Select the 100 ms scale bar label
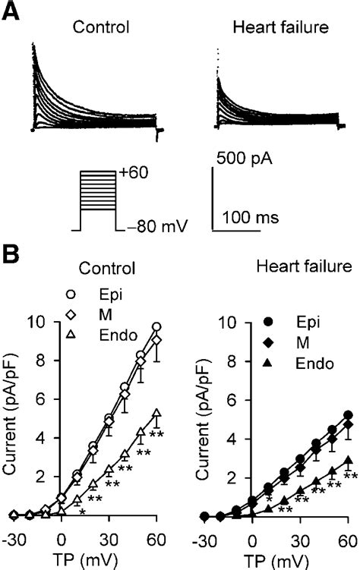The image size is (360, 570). click(x=250, y=218)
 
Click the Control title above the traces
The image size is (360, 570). click(x=99, y=27)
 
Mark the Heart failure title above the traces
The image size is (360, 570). click(x=270, y=27)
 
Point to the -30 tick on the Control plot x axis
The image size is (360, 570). click(x=14, y=538)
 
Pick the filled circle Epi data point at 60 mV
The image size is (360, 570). click(x=348, y=415)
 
